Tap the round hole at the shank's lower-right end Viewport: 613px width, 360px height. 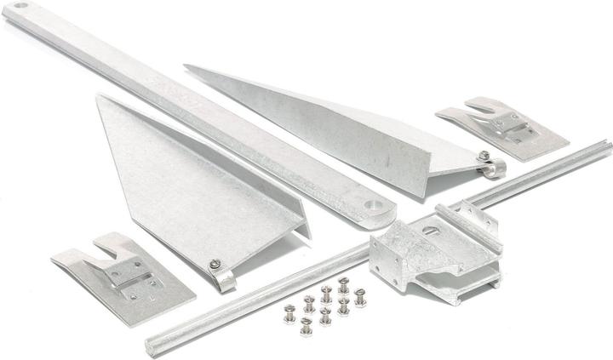point(372,206)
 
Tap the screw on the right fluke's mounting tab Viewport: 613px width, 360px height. point(483,156)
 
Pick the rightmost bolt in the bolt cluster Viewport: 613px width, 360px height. point(360,298)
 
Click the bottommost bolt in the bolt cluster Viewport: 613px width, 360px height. point(306,328)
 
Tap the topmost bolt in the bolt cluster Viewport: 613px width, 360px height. point(344,283)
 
